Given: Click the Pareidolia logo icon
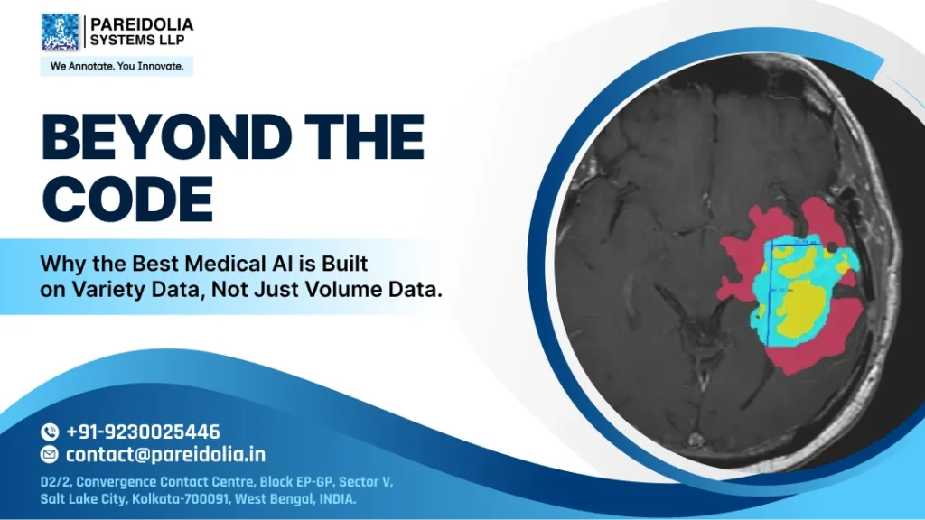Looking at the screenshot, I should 61,32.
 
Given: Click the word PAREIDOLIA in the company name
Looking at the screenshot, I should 141,24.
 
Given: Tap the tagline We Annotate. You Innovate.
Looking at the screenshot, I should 117,67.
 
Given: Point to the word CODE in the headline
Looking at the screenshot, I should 127,199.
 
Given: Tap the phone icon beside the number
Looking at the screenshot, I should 50,432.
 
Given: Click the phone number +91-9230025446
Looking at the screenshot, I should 143,432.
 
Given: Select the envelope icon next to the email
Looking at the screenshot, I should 50,455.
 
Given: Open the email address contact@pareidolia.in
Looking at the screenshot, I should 165,455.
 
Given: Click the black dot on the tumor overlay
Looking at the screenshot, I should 832,246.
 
